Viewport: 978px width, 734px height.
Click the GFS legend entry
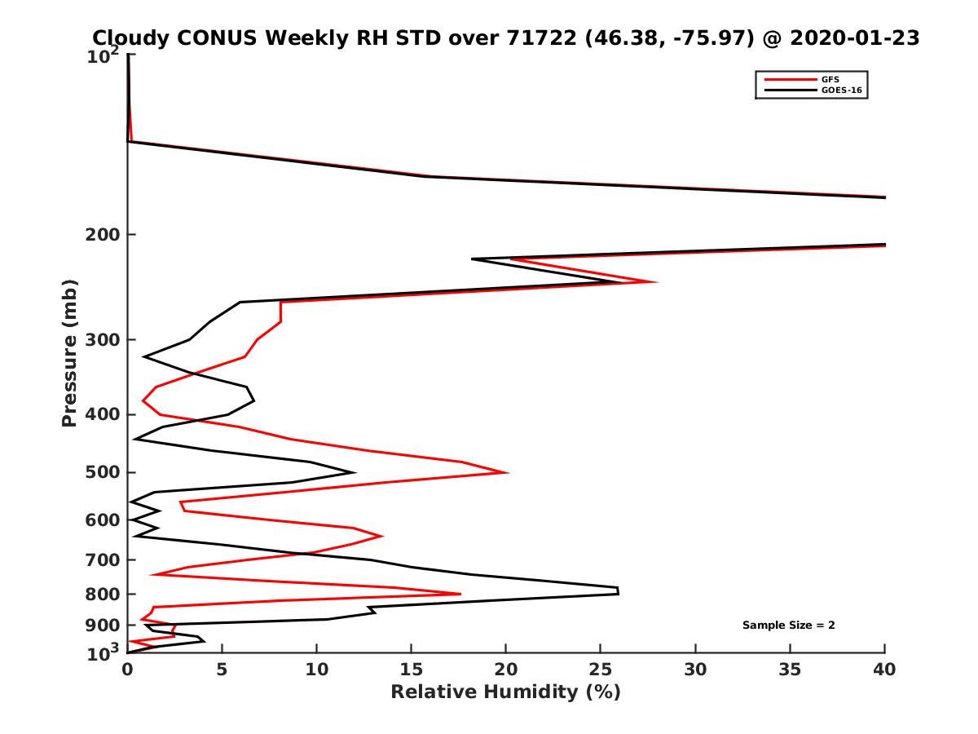pyautogui.click(x=829, y=79)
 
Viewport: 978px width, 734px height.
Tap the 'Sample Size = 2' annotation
pyautogui.click(x=788, y=626)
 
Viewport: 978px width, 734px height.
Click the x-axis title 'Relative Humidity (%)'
pyautogui.click(x=505, y=692)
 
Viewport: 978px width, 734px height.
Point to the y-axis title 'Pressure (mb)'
pyautogui.click(x=69, y=352)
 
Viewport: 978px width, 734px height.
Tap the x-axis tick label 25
pyautogui.click(x=601, y=670)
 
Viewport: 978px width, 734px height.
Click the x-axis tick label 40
pyautogui.click(x=884, y=670)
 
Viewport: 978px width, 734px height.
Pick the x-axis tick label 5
pyautogui.click(x=222, y=670)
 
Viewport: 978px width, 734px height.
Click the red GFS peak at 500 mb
pyautogui.click(x=507, y=472)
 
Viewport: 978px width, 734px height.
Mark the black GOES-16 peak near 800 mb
pyautogui.click(x=618, y=590)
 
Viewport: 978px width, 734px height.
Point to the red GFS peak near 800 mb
pyautogui.click(x=460, y=594)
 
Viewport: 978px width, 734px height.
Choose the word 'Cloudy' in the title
pyautogui.click(x=131, y=38)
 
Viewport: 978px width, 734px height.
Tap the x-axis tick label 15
pyautogui.click(x=412, y=670)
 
